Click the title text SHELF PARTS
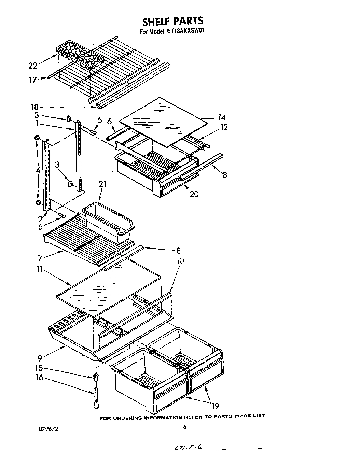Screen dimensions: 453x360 [172, 21]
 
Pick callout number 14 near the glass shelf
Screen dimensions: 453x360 [222, 117]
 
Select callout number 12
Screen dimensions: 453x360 [224, 127]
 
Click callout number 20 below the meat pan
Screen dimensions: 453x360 [194, 194]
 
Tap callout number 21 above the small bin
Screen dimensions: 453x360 [102, 184]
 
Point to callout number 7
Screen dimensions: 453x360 [40, 259]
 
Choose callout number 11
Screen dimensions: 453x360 [40, 270]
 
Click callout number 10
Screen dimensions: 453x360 [180, 261]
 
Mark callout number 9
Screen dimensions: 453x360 [40, 358]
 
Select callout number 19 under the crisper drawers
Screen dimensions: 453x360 [215, 406]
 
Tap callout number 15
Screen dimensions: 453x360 [39, 368]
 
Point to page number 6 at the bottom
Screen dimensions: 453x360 [184, 427]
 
